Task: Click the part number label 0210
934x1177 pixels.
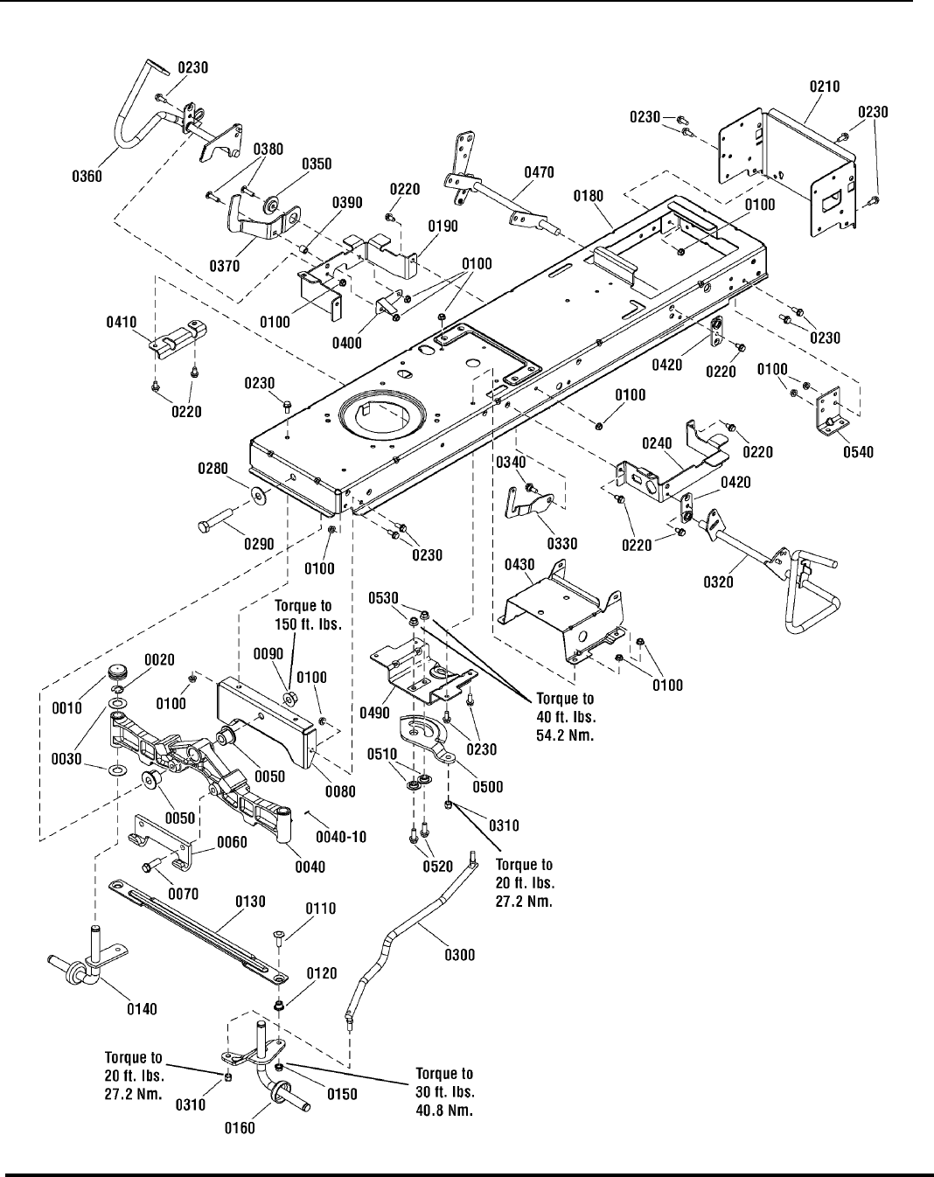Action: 825,87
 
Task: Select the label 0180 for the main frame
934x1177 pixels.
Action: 588,198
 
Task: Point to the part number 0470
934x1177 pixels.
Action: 539,173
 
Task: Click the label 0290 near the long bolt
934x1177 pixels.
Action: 259,544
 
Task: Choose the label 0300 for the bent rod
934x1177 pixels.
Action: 460,955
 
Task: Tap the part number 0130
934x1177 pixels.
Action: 250,902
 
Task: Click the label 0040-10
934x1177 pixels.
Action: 345,837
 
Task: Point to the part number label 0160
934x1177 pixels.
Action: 240,1127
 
